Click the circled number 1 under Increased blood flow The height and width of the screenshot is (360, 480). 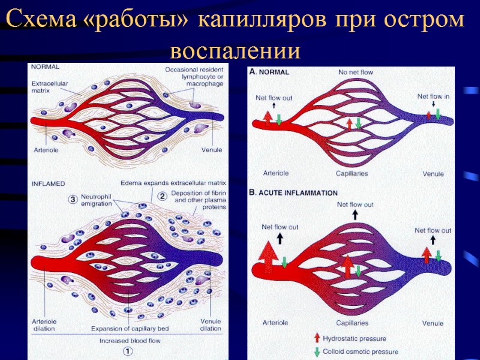(x=127, y=350)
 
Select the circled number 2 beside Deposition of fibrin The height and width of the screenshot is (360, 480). (x=161, y=195)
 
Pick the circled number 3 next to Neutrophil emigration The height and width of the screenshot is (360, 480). (x=73, y=199)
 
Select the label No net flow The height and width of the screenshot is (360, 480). (x=356, y=72)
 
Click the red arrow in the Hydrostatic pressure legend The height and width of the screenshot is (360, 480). (x=316, y=338)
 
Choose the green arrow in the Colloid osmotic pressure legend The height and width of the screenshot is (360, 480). (x=316, y=352)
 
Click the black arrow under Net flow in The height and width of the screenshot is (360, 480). (x=433, y=104)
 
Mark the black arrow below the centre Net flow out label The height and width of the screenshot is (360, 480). (x=355, y=214)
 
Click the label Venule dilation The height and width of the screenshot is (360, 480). (x=210, y=325)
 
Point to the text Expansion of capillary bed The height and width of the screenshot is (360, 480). (x=127, y=328)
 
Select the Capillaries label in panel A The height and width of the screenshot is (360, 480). (x=352, y=173)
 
